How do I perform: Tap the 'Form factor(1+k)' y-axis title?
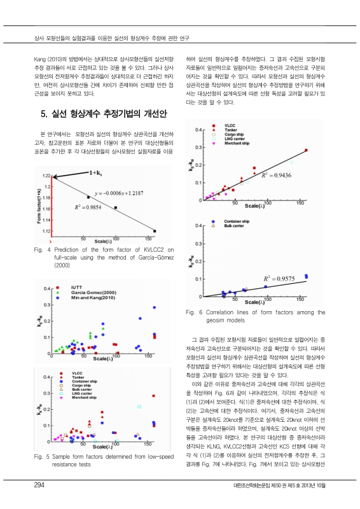[x=39, y=204]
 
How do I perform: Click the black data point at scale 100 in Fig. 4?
[x=115, y=207]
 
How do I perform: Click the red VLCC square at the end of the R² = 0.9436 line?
[x=306, y=150]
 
